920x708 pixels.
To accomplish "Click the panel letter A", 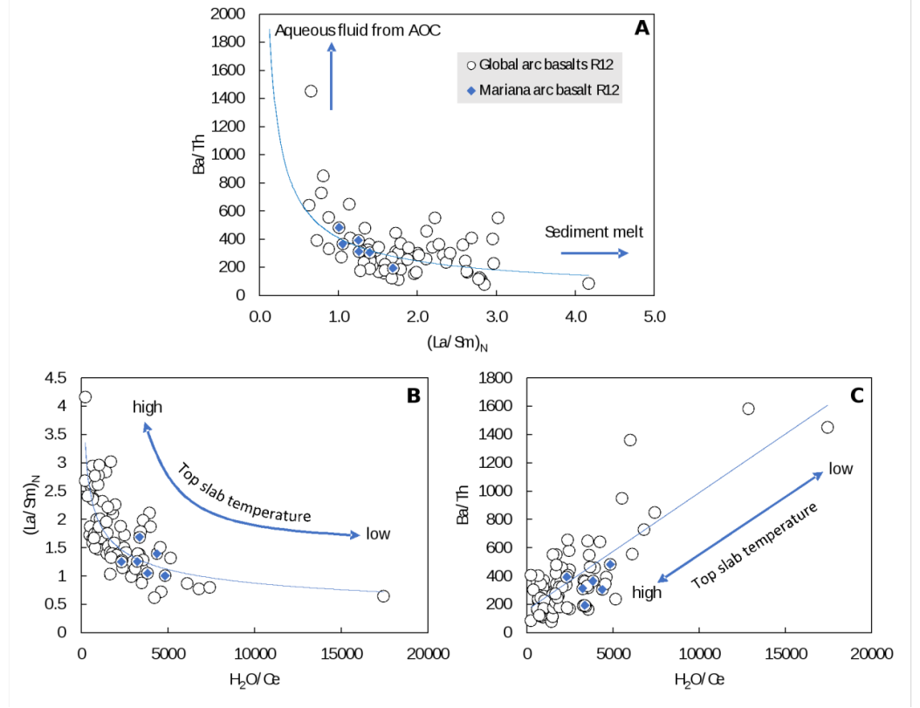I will pos(642,28).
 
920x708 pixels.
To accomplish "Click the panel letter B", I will pos(413,395).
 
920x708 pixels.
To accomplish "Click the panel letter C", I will pos(856,395).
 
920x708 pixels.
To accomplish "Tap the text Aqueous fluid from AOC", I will pos(358,31).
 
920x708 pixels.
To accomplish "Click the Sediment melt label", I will pos(594,232).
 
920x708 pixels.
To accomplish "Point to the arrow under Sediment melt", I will pos(594,253).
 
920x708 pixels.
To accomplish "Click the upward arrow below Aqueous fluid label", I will pos(332,77).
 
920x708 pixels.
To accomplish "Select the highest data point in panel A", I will pos(310,91).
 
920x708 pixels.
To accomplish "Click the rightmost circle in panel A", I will pos(588,283).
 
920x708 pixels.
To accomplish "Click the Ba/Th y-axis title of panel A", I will pos(199,155).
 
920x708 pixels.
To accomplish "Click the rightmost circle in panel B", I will pos(383,596).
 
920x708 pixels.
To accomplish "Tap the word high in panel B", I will pos(148,407).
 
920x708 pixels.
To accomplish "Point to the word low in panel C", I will pos(841,469).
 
